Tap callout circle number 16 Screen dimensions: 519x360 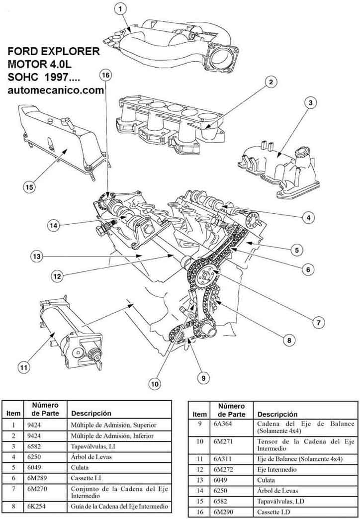(x=105, y=75)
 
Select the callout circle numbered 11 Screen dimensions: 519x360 (x=23, y=368)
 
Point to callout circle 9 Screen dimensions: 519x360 (x=203, y=378)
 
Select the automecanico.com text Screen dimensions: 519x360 (x=55, y=90)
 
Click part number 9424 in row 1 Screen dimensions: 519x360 (x=32, y=425)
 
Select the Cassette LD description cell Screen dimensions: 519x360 (x=274, y=512)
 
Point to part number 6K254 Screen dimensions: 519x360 (x=35, y=507)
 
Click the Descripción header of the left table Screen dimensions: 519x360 (x=91, y=413)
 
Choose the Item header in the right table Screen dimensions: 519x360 (x=199, y=414)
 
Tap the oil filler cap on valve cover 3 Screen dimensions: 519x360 (x=301, y=155)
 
